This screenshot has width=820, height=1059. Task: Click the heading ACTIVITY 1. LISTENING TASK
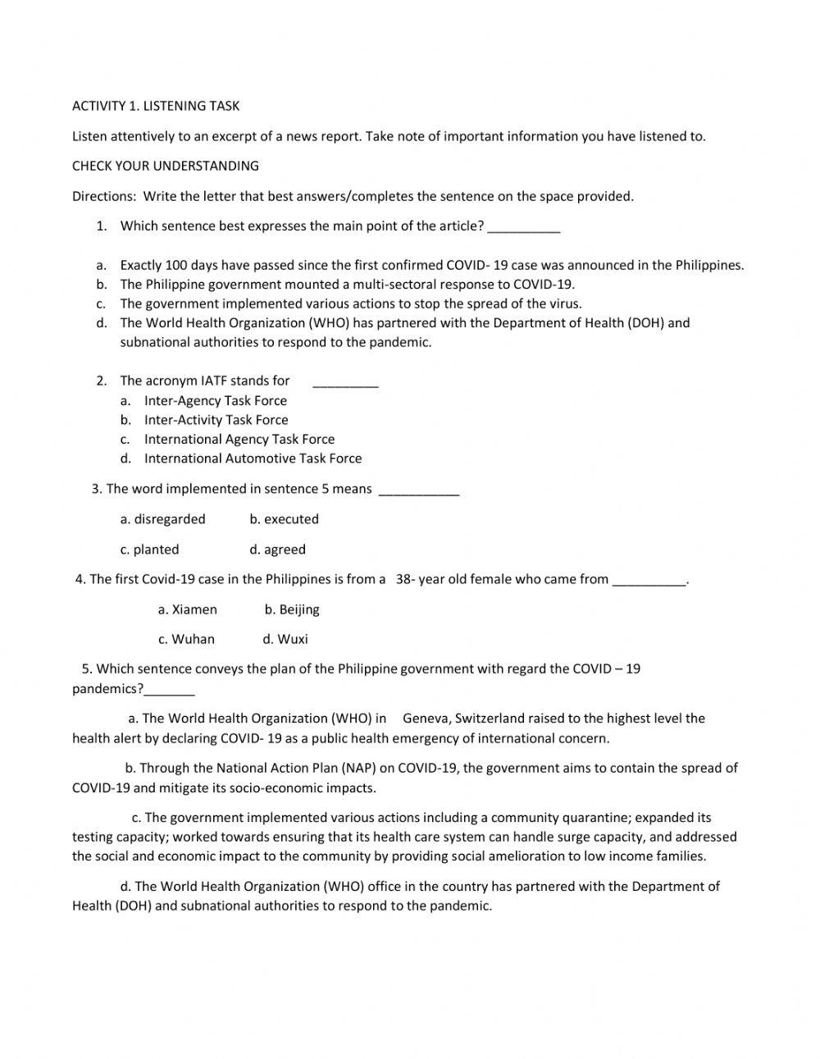point(156,106)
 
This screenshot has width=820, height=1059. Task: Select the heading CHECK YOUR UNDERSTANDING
point(166,166)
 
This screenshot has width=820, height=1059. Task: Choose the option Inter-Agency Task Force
point(215,400)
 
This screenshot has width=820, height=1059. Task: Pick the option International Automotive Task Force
point(253,459)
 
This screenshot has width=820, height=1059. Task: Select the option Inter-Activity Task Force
point(216,420)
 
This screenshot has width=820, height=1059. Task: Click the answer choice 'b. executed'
point(284,519)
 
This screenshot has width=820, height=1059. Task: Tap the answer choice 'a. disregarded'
point(162,519)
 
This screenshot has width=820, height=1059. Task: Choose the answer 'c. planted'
point(149,550)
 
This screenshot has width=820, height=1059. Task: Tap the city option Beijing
point(292,609)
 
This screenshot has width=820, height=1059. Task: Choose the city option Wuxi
point(285,639)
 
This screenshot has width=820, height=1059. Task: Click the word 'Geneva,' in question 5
point(426,719)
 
